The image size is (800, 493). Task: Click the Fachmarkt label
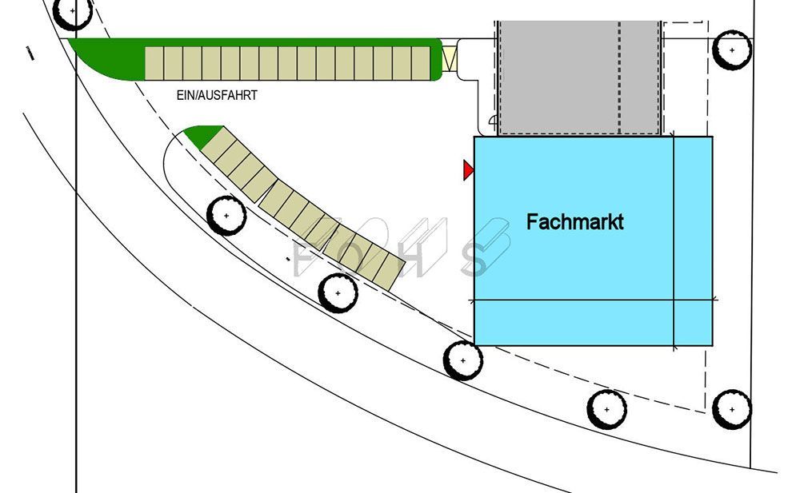tap(574, 222)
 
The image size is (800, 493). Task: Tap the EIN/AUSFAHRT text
tap(217, 94)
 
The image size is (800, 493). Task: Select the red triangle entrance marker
tap(468, 169)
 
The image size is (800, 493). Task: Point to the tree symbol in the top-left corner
tap(74, 12)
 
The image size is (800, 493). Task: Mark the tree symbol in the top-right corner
tap(732, 50)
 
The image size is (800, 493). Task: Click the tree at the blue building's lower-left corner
tap(463, 360)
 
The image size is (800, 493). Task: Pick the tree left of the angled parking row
tap(226, 216)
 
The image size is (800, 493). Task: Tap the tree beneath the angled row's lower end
tap(338, 293)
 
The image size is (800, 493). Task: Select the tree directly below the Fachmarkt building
tap(606, 409)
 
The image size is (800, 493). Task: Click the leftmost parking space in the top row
tap(154, 63)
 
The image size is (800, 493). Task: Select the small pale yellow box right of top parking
tap(450, 60)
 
